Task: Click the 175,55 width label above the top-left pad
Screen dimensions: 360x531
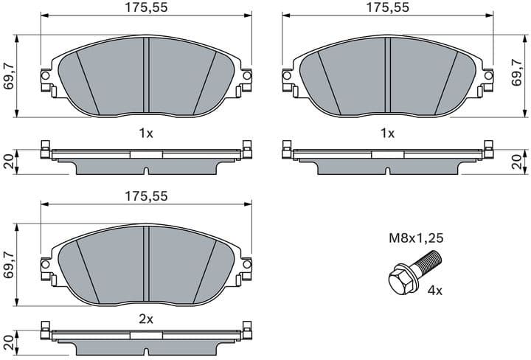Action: pos(146,8)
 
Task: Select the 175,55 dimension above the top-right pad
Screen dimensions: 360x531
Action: pos(388,8)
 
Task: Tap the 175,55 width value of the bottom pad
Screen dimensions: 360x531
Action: pos(146,196)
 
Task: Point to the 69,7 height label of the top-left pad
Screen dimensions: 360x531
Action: pos(9,76)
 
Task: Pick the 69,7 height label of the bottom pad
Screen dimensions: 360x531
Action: pos(9,264)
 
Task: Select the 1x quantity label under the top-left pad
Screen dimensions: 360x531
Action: pos(145,134)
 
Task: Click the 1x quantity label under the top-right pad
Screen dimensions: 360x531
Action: pos(387,134)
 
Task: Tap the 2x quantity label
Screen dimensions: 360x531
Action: pos(145,319)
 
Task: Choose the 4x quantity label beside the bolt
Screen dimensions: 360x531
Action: pos(435,291)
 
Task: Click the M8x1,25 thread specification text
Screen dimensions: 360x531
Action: pos(416,238)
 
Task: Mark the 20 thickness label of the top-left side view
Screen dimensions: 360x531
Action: pos(9,162)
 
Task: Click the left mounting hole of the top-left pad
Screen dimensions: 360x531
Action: pos(45,75)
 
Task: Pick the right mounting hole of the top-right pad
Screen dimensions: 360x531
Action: pos(488,75)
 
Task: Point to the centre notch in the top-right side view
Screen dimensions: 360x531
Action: pos(388,171)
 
